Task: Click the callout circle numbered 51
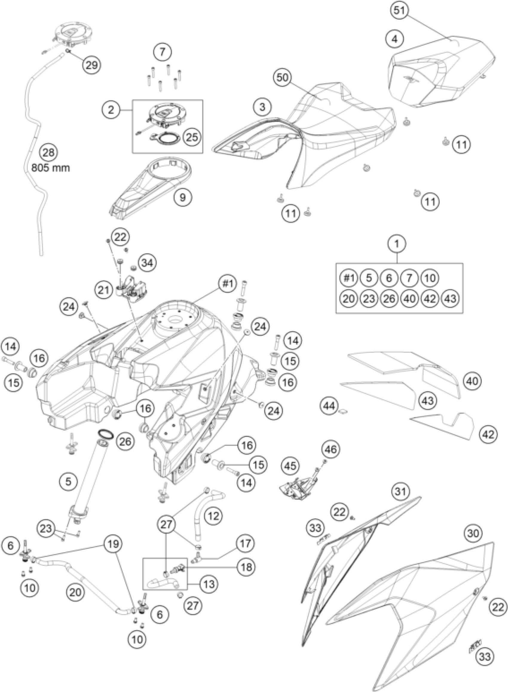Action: click(399, 11)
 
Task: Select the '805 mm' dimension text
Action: click(51, 168)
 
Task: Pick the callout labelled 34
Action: click(147, 263)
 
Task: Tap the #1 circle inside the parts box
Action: click(349, 278)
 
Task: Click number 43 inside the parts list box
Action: click(450, 298)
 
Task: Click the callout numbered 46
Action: click(331, 449)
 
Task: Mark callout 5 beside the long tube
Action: click(68, 481)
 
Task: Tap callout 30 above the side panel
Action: click(473, 533)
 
